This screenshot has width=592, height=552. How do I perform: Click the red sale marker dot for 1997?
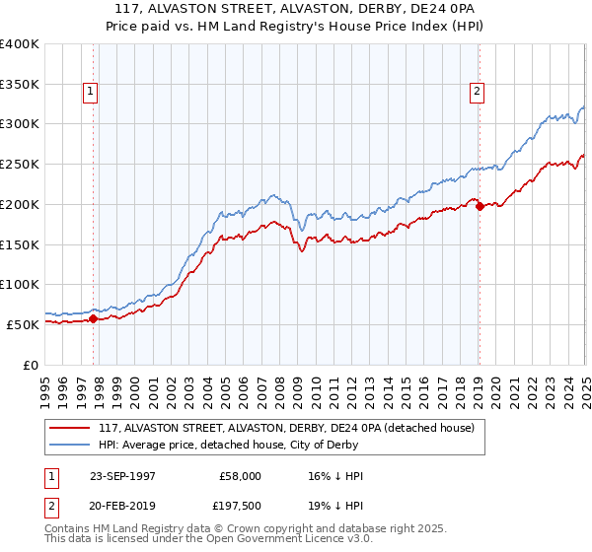(x=94, y=318)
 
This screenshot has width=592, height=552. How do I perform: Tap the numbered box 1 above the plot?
(x=90, y=92)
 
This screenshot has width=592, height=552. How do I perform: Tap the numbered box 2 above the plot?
(x=477, y=92)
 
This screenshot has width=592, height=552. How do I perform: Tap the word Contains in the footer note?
(x=69, y=529)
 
